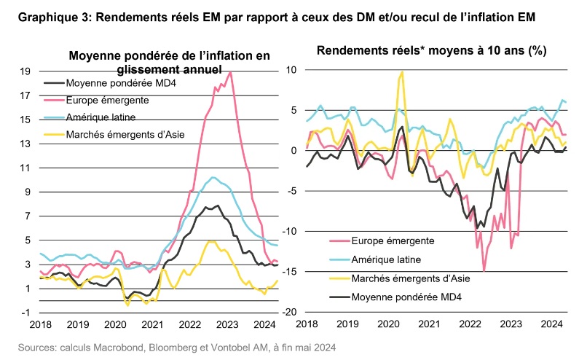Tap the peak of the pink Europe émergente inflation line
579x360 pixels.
(x=231, y=72)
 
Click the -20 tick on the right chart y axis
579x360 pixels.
(x=289, y=312)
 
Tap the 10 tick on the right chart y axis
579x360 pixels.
(x=291, y=70)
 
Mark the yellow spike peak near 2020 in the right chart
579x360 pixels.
(x=402, y=71)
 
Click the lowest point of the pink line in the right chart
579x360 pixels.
(x=484, y=271)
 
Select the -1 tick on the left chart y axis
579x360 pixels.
(x=26, y=312)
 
